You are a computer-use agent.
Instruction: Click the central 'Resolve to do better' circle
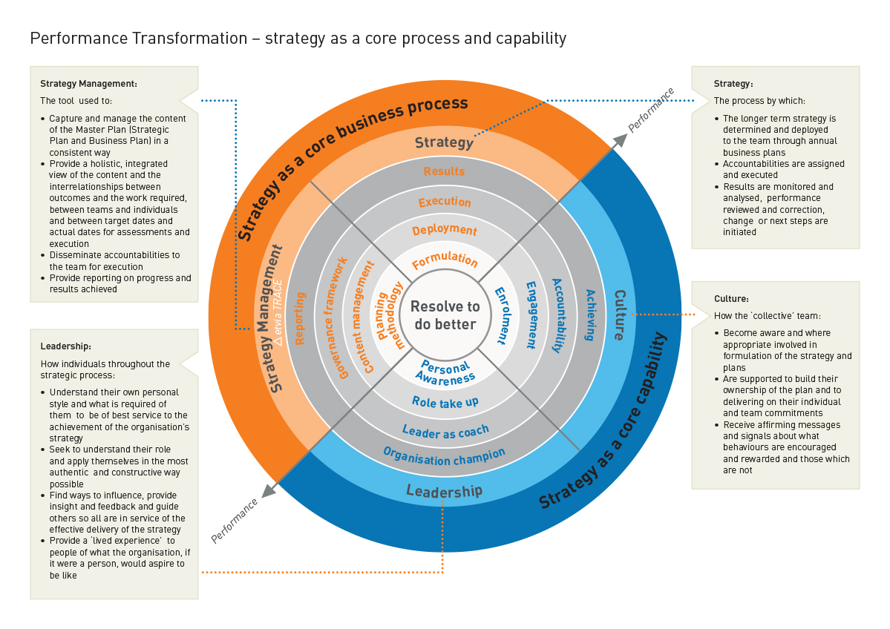pyautogui.click(x=445, y=315)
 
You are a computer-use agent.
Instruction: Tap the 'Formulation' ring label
pyautogui.click(x=445, y=260)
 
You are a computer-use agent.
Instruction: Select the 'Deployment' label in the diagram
pyautogui.click(x=445, y=230)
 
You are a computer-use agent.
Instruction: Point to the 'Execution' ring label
pyautogui.click(x=445, y=202)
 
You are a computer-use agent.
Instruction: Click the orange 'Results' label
pyautogui.click(x=445, y=171)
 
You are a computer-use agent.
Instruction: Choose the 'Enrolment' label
pyautogui.click(x=501, y=315)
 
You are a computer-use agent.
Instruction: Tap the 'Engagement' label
pyautogui.click(x=531, y=315)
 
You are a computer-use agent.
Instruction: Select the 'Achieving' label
pyautogui.click(x=589, y=315)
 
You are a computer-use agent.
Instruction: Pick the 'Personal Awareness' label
pyautogui.click(x=445, y=372)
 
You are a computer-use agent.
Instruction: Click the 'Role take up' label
pyautogui.click(x=445, y=402)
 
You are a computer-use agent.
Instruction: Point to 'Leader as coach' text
pyautogui.click(x=445, y=431)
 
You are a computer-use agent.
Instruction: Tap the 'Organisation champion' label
pyautogui.click(x=444, y=457)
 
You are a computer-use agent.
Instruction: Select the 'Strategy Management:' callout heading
pyautogui.click(x=88, y=84)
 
